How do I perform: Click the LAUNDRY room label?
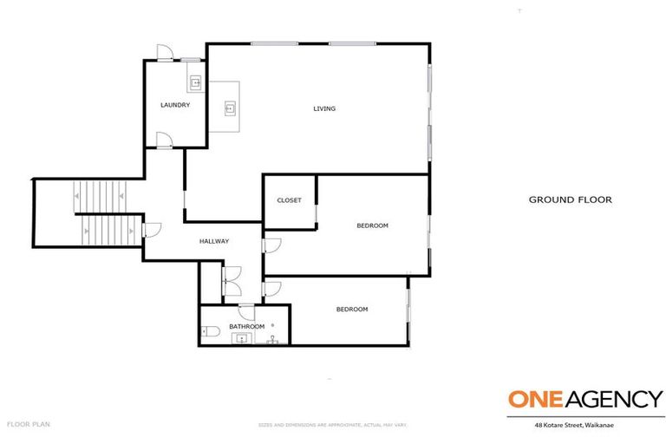pyautogui.click(x=175, y=105)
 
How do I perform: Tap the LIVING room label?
pyautogui.click(x=324, y=108)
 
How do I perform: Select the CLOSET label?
pyautogui.click(x=289, y=200)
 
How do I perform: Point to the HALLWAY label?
pyautogui.click(x=214, y=241)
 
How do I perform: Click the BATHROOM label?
pyautogui.click(x=246, y=326)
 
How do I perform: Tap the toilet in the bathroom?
pyautogui.click(x=209, y=331)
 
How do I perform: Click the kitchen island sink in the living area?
pyautogui.click(x=230, y=108)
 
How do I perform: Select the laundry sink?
pyautogui.click(x=196, y=84)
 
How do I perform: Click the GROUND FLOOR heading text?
pyautogui.click(x=570, y=199)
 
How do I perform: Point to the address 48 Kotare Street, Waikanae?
pyautogui.click(x=586, y=425)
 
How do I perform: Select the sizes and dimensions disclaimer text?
pyautogui.click(x=333, y=424)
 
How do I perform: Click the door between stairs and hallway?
pyautogui.click(x=151, y=230)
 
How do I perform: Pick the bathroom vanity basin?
pyautogui.click(x=241, y=339)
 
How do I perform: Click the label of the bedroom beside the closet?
pyautogui.click(x=372, y=225)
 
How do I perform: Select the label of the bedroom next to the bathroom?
pyautogui.click(x=352, y=309)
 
